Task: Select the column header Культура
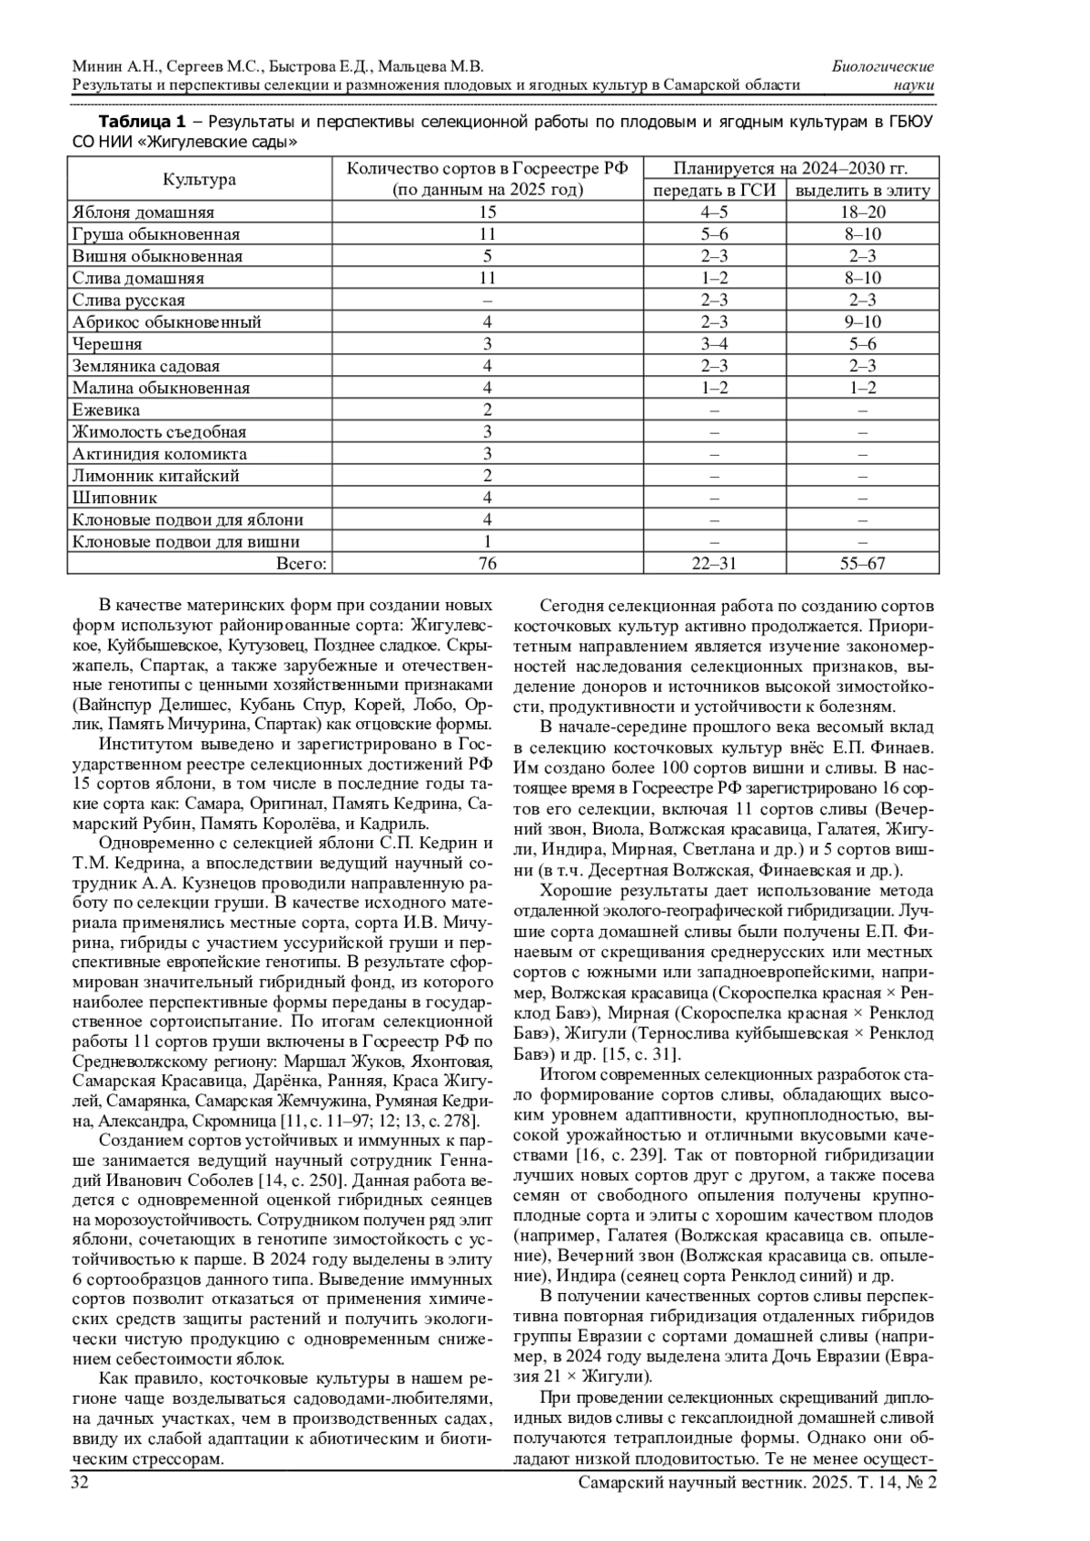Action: pos(199,179)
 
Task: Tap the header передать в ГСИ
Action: pos(715,191)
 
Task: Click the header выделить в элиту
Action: pos(862,191)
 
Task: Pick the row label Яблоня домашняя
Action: pos(143,212)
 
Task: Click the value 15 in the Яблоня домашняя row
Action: pos(487,212)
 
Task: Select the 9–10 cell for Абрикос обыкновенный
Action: pos(862,322)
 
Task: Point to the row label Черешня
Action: pos(107,344)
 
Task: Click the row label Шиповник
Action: pos(114,498)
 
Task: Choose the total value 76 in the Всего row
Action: pos(487,564)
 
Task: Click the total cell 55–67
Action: pos(862,564)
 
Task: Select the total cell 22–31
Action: pos(715,564)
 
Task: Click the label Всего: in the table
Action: pos(301,564)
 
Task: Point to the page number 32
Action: pos(80,1482)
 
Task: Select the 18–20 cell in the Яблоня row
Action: pos(862,212)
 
